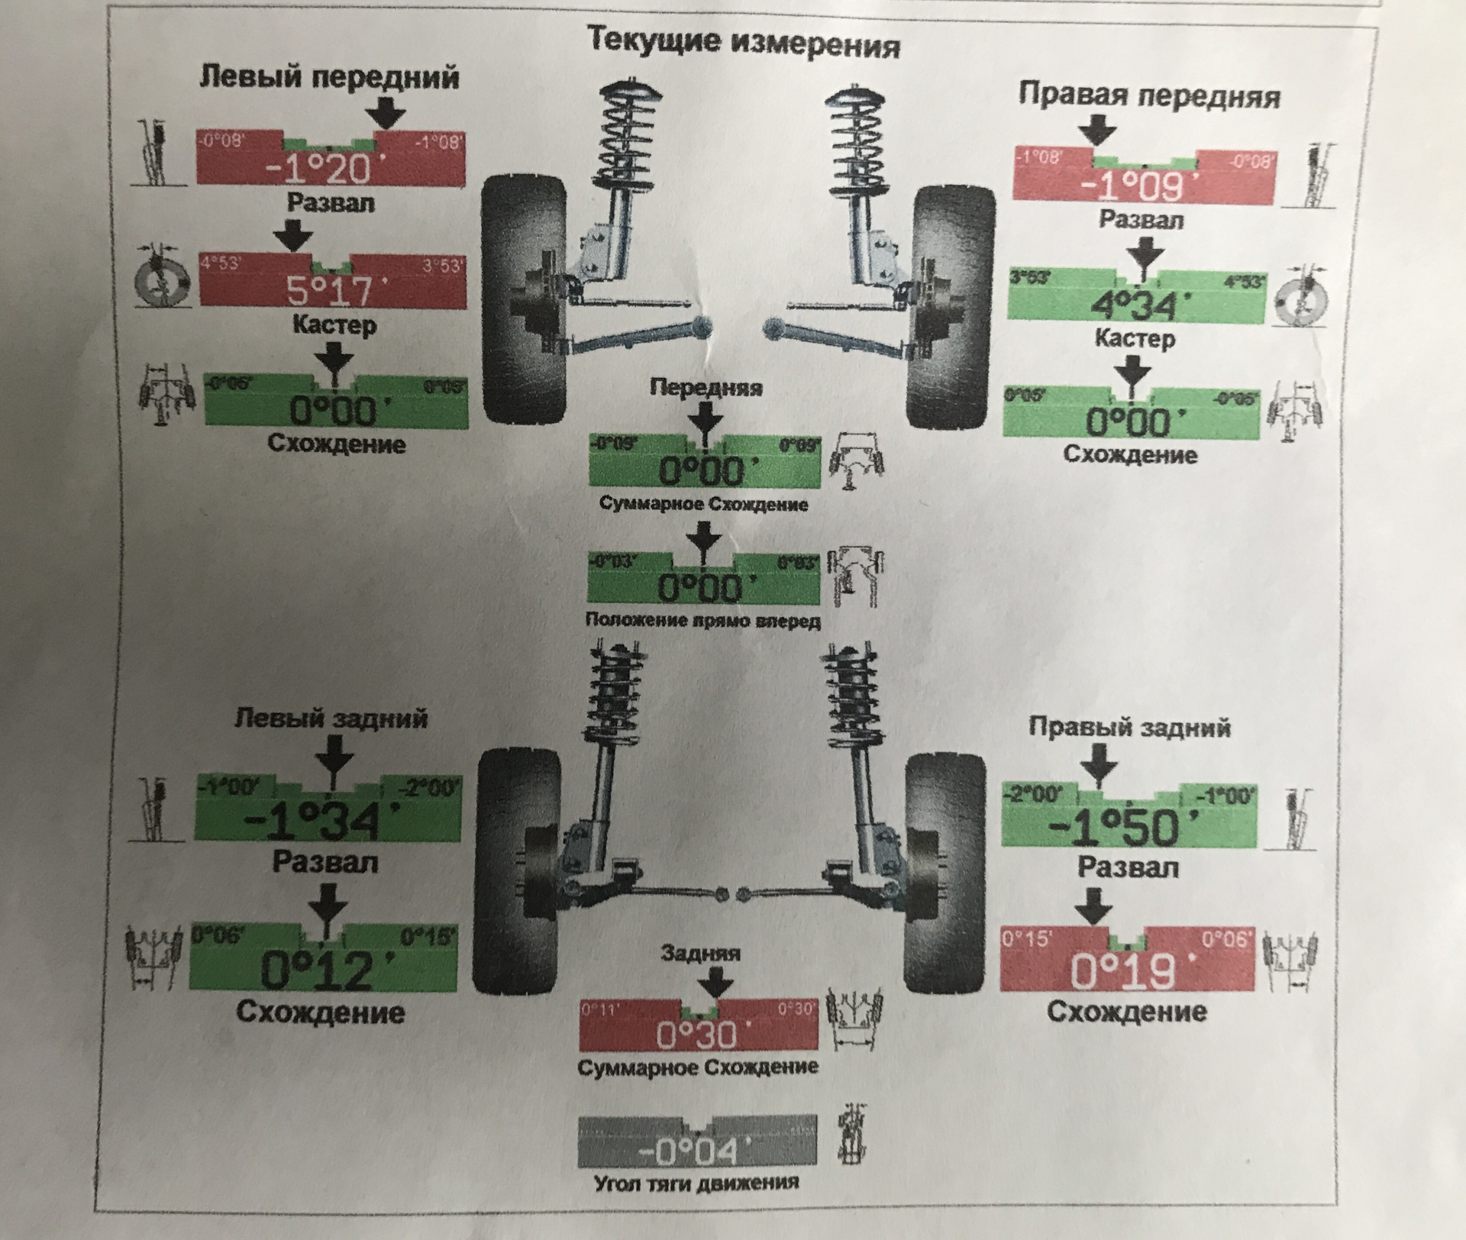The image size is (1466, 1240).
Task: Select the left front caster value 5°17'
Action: point(330,290)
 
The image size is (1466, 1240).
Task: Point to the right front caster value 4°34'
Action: point(1133,306)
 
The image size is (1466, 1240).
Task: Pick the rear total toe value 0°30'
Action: point(697,1035)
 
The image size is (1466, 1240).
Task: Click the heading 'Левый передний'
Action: point(330,77)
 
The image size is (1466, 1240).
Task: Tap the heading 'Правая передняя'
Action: point(1149,96)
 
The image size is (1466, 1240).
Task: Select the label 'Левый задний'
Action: point(331,718)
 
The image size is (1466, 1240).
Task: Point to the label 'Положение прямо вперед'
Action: point(702,620)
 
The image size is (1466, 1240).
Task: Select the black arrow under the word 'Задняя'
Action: point(715,985)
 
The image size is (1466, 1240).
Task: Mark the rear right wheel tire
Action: point(945,870)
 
